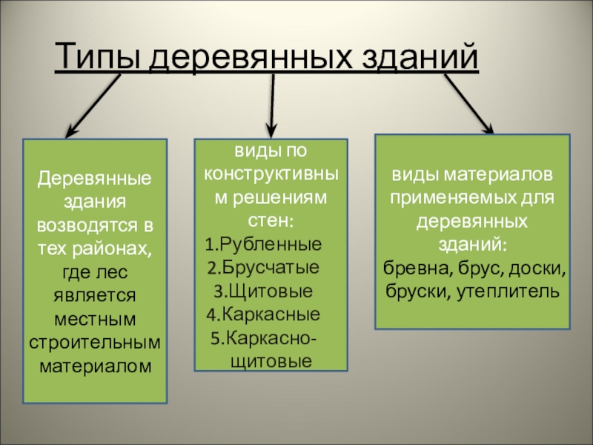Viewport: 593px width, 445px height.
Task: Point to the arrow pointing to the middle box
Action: tap(272, 105)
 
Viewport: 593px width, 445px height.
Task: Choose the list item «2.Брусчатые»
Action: tap(262, 268)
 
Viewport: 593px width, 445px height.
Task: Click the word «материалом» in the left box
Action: tap(95, 366)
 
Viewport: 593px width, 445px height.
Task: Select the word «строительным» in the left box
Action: tap(95, 343)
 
